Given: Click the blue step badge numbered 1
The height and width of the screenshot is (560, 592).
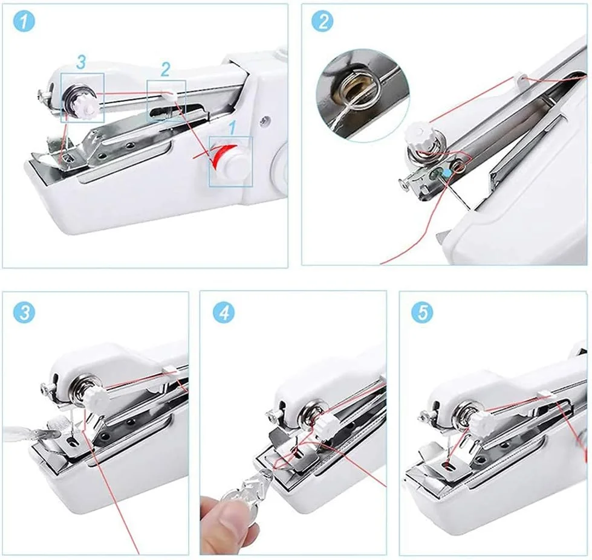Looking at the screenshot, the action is tap(24, 21).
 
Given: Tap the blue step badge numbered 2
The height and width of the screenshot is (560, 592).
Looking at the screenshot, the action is tap(322, 21).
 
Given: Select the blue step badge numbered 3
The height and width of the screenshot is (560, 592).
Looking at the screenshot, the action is tap(24, 312).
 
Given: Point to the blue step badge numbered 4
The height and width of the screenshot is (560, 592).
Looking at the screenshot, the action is tap(224, 312).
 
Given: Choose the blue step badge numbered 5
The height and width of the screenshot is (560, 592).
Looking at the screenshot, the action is tap(423, 312).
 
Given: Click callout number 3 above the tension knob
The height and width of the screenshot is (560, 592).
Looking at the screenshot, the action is tap(81, 62).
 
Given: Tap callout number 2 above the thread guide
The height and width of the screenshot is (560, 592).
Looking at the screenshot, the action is tap(165, 69).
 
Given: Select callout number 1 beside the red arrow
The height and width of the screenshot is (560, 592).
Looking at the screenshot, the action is tap(233, 128).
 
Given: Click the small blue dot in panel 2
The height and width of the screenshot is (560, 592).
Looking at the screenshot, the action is tap(447, 173).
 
